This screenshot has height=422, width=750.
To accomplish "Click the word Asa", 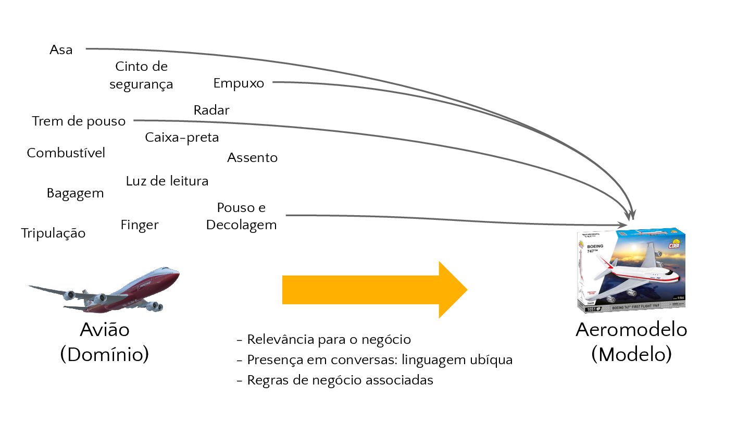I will (61, 50).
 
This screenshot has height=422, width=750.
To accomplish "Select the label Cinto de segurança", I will (141, 76).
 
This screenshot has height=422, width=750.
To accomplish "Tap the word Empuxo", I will (239, 83).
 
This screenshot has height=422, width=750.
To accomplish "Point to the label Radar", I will (211, 110).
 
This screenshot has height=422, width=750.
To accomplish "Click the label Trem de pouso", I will (79, 121).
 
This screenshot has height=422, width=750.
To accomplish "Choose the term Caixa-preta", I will (182, 138).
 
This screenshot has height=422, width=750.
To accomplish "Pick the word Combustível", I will (66, 153).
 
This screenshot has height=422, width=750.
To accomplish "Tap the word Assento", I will (253, 157).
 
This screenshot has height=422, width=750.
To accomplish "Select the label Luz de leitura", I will (167, 181).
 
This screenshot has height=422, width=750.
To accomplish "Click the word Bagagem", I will (75, 193).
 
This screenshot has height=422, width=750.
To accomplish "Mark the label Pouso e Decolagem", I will (241, 216).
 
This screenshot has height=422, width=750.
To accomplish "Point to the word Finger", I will (140, 225).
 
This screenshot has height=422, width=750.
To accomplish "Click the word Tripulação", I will (53, 233).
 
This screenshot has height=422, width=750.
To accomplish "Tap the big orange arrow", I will (374, 290).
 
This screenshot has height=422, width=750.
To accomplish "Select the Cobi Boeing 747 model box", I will (631, 271).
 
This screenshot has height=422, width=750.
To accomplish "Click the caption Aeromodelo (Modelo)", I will (631, 342).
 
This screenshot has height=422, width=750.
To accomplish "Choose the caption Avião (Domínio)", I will (105, 342).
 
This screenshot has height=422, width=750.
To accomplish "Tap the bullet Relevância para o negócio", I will (324, 340).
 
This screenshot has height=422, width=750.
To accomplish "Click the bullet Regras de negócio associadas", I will (335, 380).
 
